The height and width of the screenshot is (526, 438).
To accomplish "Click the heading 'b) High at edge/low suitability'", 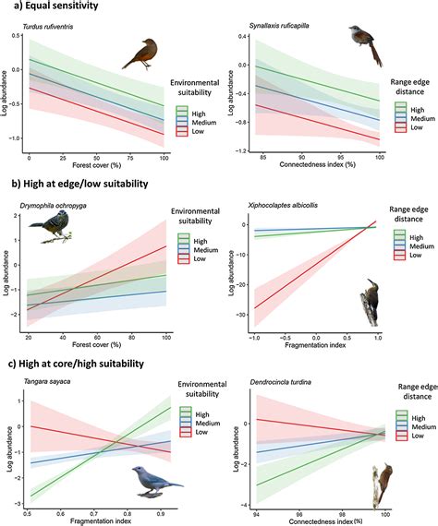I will coord(79,185).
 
